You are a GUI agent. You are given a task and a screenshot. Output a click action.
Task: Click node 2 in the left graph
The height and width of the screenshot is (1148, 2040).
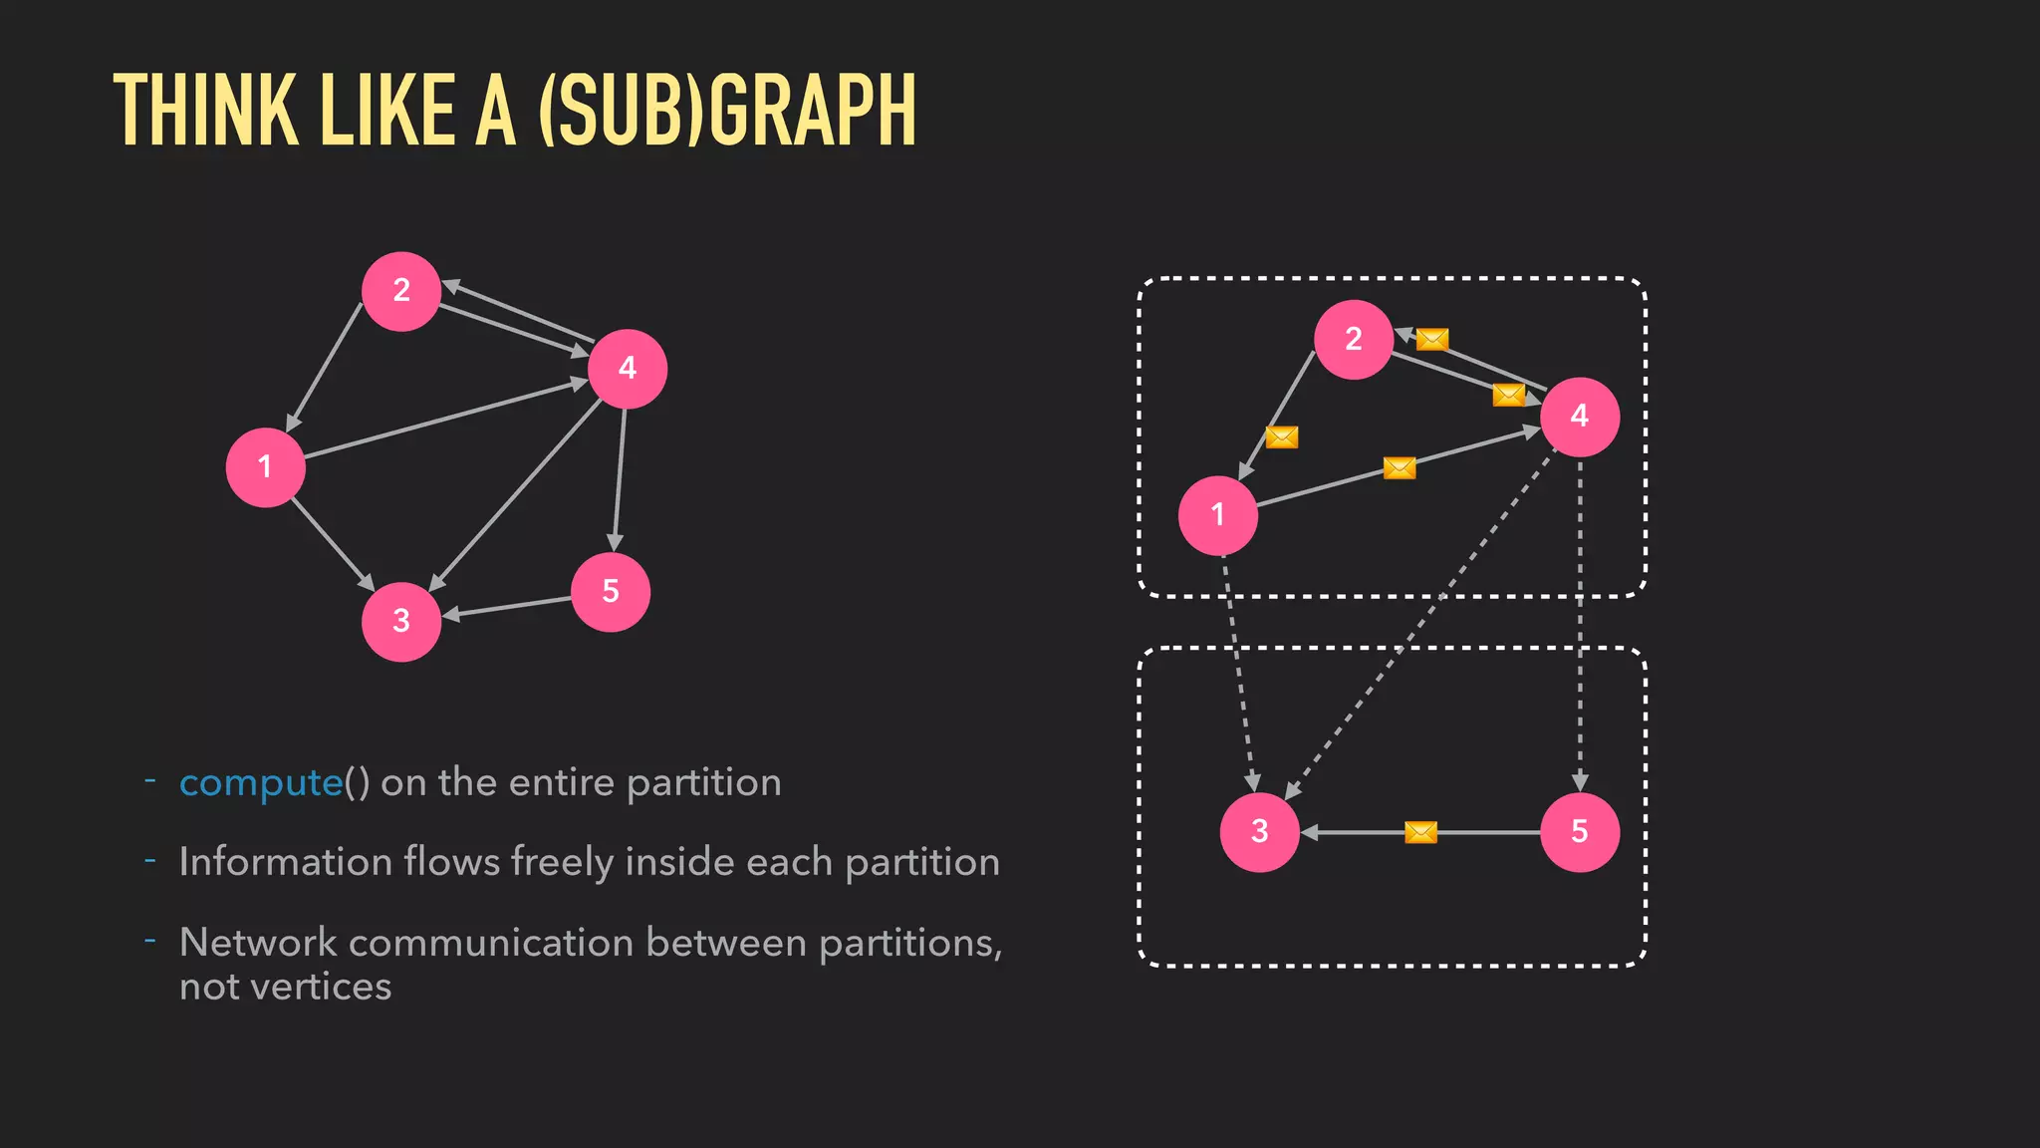(x=401, y=291)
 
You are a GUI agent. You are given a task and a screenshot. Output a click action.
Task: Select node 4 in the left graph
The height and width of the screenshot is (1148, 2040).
(x=628, y=369)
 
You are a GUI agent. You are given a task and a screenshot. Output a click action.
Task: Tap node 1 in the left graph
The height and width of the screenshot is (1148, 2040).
(x=265, y=467)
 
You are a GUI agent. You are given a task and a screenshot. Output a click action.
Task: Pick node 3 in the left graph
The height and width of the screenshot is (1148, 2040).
(x=401, y=622)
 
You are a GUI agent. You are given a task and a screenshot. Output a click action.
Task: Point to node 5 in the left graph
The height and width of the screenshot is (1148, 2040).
(x=611, y=592)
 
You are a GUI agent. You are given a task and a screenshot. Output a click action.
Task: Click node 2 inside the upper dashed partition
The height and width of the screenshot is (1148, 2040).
(x=1354, y=340)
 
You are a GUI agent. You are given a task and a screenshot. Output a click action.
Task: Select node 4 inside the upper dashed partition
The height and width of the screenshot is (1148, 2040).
(x=1580, y=417)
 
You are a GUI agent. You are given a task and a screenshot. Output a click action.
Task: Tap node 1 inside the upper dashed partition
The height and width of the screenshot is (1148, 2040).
(x=1217, y=515)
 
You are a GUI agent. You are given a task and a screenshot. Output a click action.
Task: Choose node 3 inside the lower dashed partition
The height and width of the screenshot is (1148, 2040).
(x=1260, y=832)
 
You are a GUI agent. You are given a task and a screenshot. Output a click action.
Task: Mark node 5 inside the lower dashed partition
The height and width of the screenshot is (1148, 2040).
(x=1580, y=832)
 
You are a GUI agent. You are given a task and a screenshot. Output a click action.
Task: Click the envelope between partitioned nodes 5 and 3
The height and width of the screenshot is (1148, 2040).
(x=1420, y=832)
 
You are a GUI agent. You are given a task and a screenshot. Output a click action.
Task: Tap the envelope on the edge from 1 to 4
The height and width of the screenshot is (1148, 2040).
(x=1400, y=467)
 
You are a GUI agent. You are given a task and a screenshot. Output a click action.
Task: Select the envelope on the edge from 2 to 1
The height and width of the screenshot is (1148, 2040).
(x=1282, y=437)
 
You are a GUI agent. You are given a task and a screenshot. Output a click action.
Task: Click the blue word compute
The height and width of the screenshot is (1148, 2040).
(x=261, y=783)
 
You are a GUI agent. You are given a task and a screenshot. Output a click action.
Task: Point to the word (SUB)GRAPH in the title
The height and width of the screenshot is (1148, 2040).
(x=726, y=111)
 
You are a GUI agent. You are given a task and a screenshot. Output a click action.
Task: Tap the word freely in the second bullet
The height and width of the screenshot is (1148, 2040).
(x=562, y=863)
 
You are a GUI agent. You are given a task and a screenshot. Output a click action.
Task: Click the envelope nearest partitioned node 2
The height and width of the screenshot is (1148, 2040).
(x=1432, y=340)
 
